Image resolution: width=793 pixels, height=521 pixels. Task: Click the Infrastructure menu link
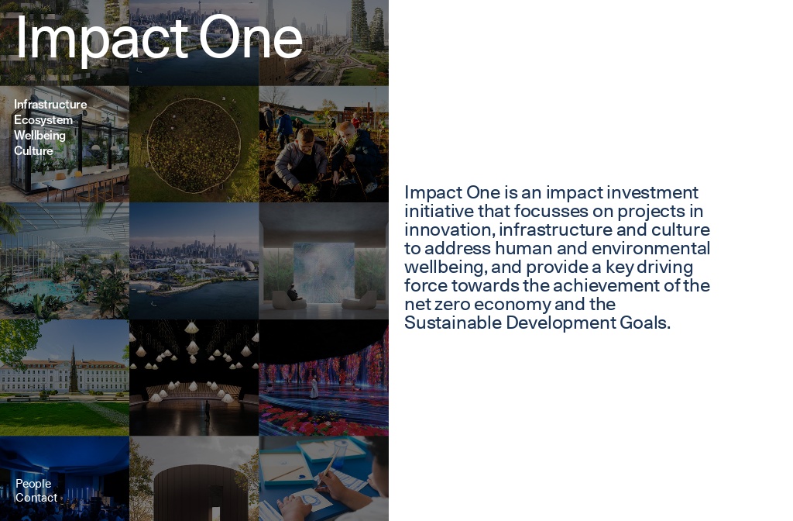(50, 105)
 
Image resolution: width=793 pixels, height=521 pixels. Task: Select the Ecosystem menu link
(43, 120)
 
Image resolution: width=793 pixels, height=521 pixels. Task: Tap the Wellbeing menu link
(39, 136)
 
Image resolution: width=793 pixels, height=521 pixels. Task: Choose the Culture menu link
(33, 151)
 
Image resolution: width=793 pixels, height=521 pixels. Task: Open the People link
(33, 484)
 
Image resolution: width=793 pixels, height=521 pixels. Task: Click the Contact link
(36, 498)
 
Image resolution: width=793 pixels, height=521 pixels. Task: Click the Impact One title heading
(159, 36)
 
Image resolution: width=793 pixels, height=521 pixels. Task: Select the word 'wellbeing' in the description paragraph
(445, 267)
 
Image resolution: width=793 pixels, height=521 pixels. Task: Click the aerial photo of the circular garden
(194, 144)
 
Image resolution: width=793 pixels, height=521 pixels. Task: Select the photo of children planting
(324, 144)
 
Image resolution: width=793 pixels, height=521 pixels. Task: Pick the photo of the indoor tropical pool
(64, 261)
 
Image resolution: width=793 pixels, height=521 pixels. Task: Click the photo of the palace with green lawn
(64, 378)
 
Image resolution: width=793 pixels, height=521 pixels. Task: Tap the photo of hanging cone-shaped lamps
(194, 378)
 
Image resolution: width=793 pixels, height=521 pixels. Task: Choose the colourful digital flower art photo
(324, 378)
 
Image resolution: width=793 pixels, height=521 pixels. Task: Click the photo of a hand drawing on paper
(324, 478)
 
